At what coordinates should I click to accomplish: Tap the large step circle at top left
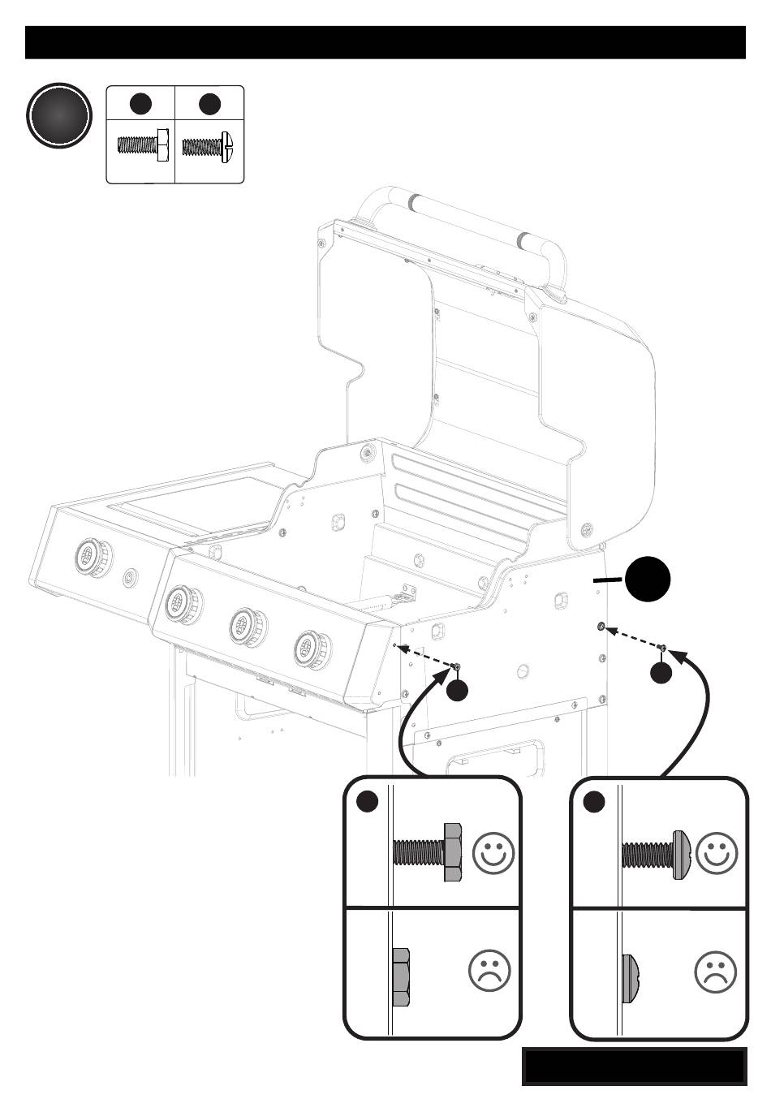click(x=58, y=117)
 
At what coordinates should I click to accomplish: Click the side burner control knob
click(x=89, y=556)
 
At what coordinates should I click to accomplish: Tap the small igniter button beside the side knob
click(x=129, y=578)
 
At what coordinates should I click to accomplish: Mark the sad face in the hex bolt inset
click(x=489, y=971)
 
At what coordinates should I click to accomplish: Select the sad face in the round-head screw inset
click(x=715, y=971)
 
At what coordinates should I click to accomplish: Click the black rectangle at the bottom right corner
click(x=634, y=1066)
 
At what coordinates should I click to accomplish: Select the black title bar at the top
click(x=385, y=42)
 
